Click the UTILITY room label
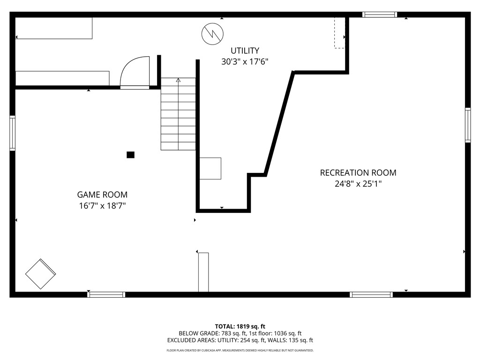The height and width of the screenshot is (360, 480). click(x=245, y=51)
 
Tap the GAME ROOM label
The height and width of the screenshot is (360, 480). click(x=102, y=195)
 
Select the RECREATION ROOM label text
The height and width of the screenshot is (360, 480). click(x=358, y=172)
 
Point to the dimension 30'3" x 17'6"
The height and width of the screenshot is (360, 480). click(x=245, y=62)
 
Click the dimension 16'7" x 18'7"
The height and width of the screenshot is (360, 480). click(x=102, y=206)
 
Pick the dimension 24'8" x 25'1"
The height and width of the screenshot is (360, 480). click(x=358, y=184)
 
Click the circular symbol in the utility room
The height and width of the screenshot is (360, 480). click(x=212, y=34)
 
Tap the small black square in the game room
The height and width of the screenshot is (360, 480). click(x=130, y=155)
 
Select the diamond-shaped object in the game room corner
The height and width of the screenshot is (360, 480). click(x=40, y=274)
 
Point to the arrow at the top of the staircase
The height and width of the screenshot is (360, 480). click(x=178, y=80)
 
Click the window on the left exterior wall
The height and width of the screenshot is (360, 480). click(x=12, y=133)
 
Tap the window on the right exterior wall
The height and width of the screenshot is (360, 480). click(x=468, y=125)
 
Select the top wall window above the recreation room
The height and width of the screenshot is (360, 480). click(x=380, y=15)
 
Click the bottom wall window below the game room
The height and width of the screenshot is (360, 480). click(x=106, y=294)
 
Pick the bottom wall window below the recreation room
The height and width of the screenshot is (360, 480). click(x=371, y=294)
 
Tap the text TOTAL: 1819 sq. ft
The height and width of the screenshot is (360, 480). click(x=240, y=326)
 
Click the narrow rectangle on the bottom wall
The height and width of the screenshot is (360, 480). click(x=203, y=272)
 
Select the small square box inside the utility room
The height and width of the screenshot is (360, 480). click(x=210, y=168)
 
